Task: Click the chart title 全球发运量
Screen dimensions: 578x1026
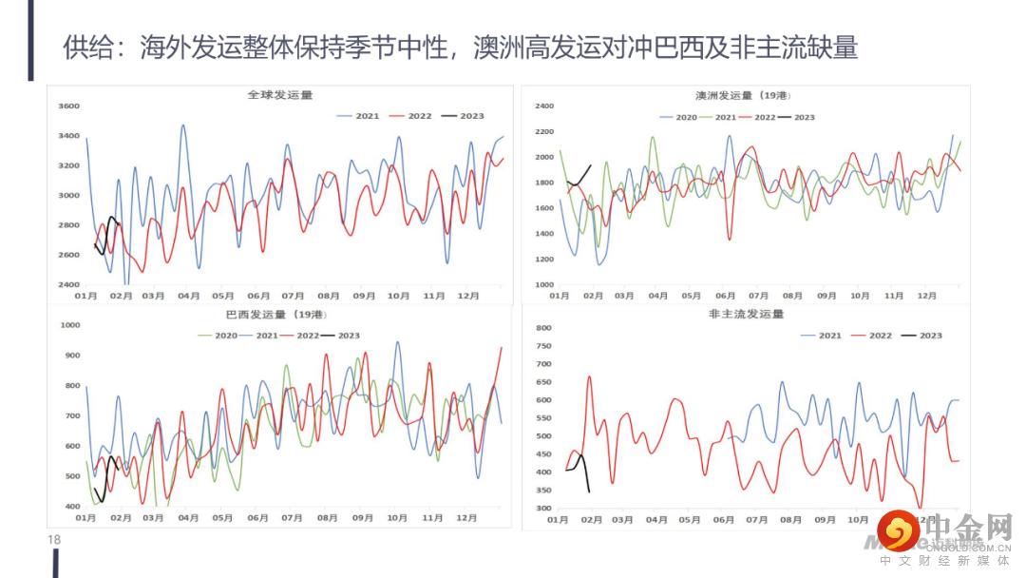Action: pyautogui.click(x=279, y=96)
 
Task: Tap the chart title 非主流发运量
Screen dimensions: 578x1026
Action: pyautogui.click(x=746, y=315)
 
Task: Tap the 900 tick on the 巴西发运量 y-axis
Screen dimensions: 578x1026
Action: pyautogui.click(x=70, y=356)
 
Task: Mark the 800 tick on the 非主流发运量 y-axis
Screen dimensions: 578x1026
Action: pyautogui.click(x=543, y=328)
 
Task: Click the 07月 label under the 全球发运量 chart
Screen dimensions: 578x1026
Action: pyautogui.click(x=293, y=297)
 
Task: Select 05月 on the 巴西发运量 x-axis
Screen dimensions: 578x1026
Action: pyautogui.click(x=222, y=519)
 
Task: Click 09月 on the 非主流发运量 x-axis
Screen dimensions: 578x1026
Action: pyautogui.click(x=825, y=520)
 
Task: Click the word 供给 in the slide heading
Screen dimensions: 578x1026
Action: pyautogui.click(x=83, y=47)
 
